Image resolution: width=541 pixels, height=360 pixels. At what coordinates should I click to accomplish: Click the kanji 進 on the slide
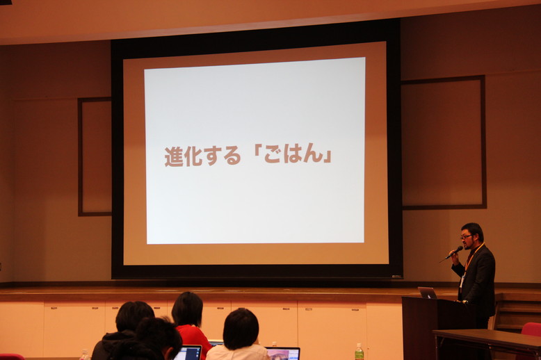tap(174, 157)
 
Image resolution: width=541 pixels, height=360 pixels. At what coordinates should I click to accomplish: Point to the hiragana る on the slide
tap(232, 156)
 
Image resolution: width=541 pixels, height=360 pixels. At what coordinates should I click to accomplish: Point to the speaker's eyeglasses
tap(466, 236)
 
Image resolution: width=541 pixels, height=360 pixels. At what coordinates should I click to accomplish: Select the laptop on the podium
tap(428, 293)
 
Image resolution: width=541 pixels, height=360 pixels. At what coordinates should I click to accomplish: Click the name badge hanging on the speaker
tap(462, 281)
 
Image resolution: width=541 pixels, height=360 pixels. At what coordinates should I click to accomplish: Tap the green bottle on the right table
tap(360, 352)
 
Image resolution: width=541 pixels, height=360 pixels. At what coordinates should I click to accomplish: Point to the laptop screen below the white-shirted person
tap(283, 354)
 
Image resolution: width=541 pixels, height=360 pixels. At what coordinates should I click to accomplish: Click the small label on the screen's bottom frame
tap(396, 276)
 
